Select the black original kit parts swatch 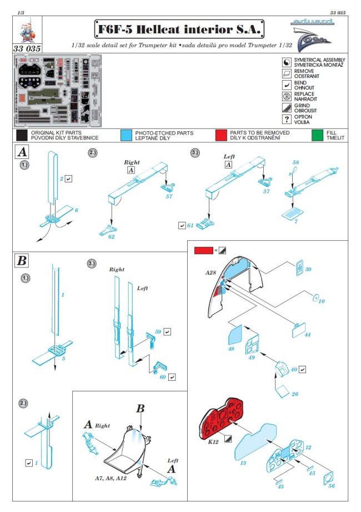click(22, 135)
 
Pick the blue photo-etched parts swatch click(126, 135)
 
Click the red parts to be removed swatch click(221, 135)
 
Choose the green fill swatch click(317, 135)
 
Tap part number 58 click(295, 162)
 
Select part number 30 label click(308, 270)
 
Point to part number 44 click(308, 335)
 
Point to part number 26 click(294, 394)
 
